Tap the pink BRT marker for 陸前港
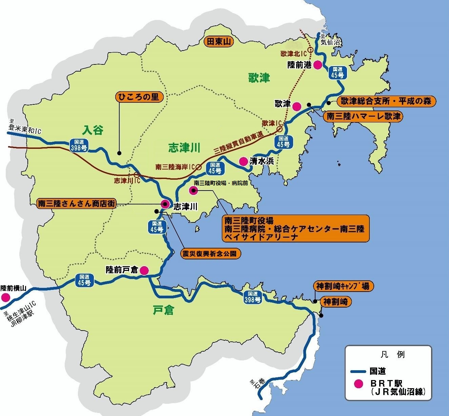(318, 65)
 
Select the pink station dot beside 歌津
(297, 106)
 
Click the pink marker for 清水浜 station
(243, 161)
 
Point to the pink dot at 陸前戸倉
(144, 270)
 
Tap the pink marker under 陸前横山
(5, 298)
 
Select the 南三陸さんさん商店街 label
(77, 204)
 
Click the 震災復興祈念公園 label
(211, 253)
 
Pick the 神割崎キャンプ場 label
(343, 286)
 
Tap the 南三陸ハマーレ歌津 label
(363, 117)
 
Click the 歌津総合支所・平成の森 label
(386, 101)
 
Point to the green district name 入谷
(93, 130)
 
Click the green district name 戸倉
(163, 310)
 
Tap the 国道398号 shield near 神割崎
(253, 297)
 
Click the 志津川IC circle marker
(137, 175)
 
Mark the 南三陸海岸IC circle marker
(198, 167)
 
